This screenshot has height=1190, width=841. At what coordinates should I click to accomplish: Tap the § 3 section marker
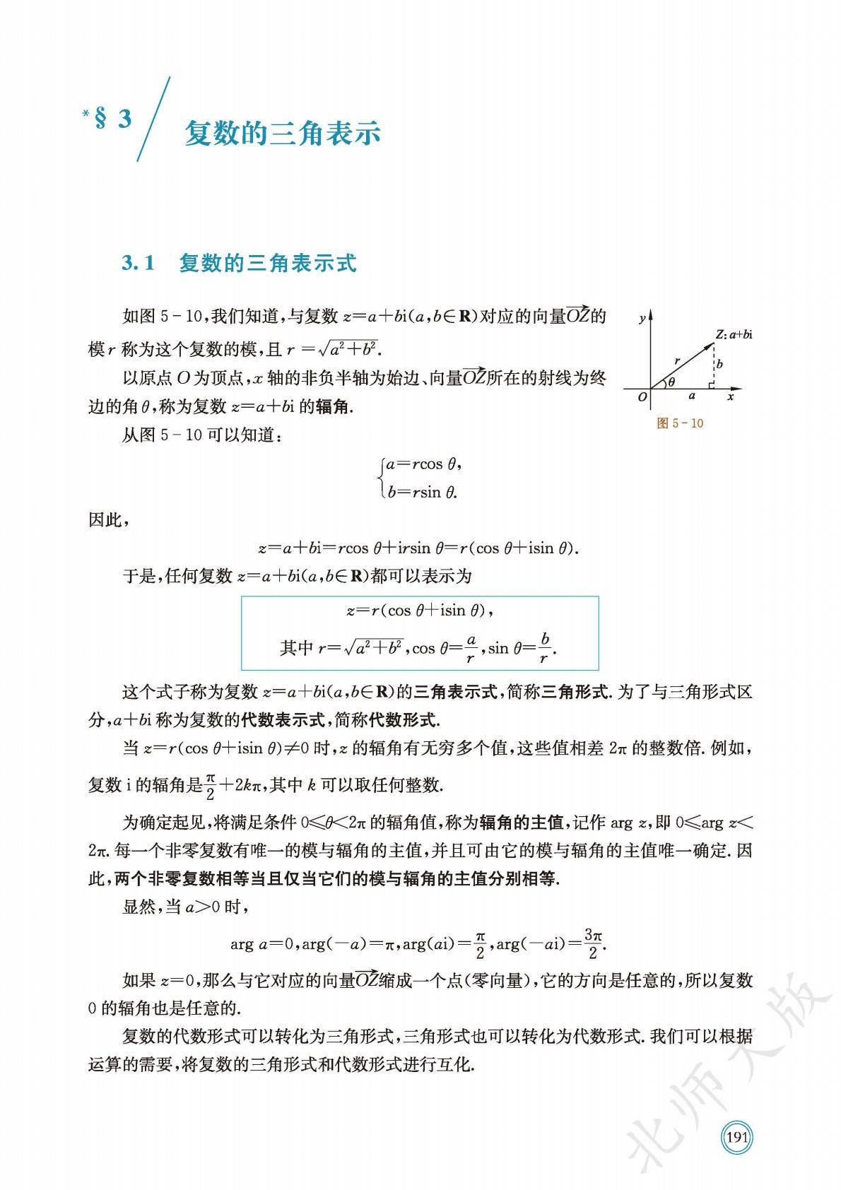[x=113, y=119]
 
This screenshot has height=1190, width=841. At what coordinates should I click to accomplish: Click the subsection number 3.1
[x=138, y=264]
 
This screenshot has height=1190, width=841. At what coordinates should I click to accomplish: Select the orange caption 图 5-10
[x=680, y=423]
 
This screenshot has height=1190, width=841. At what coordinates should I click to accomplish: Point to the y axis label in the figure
[x=641, y=319]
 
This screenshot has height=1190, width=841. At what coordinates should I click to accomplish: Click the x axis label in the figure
[x=731, y=398]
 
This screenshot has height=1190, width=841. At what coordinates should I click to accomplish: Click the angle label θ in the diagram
[x=671, y=382]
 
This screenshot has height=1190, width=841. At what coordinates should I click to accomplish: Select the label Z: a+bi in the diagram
[x=733, y=334]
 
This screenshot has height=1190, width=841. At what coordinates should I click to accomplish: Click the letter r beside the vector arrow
[x=677, y=360]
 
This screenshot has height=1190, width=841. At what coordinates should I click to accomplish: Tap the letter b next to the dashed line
[x=719, y=365]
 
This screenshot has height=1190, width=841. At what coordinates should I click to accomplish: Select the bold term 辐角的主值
[x=521, y=822]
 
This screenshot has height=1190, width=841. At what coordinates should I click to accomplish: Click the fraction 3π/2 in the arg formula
[x=592, y=944]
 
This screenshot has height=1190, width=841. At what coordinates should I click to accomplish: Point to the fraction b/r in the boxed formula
[x=544, y=648]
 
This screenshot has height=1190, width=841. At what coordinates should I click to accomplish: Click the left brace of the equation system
[x=382, y=478]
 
